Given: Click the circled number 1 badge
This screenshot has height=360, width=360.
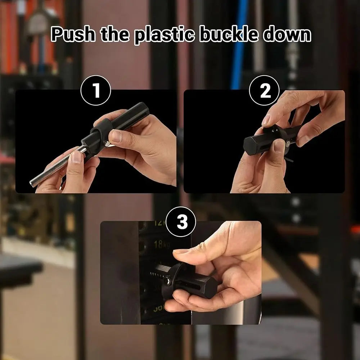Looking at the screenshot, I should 95,91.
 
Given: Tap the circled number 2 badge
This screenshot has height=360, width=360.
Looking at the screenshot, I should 265,91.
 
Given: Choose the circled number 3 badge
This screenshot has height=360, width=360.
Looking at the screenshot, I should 182,222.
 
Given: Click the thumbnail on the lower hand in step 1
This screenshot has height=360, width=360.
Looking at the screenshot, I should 76,157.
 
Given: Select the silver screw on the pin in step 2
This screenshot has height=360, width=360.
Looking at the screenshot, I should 288,144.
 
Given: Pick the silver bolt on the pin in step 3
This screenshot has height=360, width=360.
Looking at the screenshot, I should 166,281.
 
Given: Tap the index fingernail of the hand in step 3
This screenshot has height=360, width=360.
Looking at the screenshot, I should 180,252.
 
